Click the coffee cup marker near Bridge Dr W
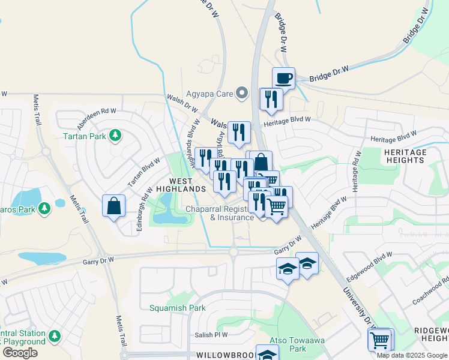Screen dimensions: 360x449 [284, 78]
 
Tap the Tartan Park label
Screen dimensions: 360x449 [85, 136]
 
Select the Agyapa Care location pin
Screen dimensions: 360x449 [242, 93]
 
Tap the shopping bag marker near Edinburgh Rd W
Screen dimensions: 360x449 [113, 206]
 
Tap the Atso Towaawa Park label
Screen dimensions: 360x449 [289, 343]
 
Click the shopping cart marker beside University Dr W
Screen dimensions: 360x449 [379, 340]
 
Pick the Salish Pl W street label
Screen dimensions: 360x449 [211, 335]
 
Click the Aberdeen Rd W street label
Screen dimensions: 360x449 [96, 119]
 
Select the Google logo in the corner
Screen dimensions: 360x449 [20, 353]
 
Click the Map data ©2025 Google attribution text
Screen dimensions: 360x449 [412, 355]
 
